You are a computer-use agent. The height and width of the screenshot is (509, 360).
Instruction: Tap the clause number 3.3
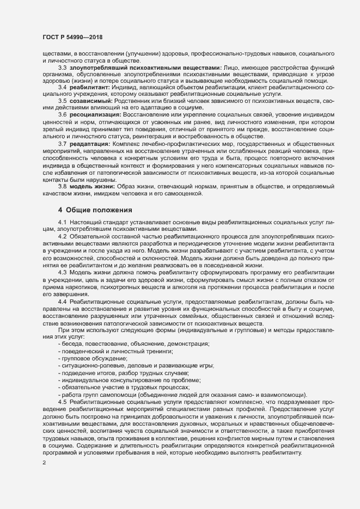pyautogui.click(x=62, y=67)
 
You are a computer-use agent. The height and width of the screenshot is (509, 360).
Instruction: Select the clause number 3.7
pyautogui.click(x=62, y=143)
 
